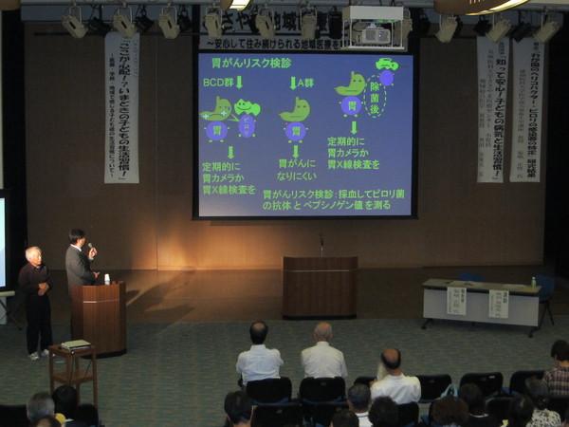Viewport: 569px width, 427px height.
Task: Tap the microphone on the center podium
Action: point(321,245)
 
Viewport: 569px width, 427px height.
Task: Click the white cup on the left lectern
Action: point(106,279)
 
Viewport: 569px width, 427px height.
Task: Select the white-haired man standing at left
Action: point(36,299)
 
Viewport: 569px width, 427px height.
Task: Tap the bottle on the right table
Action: point(533,282)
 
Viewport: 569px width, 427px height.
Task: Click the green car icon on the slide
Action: point(386,65)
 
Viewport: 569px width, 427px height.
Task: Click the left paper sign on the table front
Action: point(457,300)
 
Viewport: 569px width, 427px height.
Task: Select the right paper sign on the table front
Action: point(499,302)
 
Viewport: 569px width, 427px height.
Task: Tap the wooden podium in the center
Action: point(320,287)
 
